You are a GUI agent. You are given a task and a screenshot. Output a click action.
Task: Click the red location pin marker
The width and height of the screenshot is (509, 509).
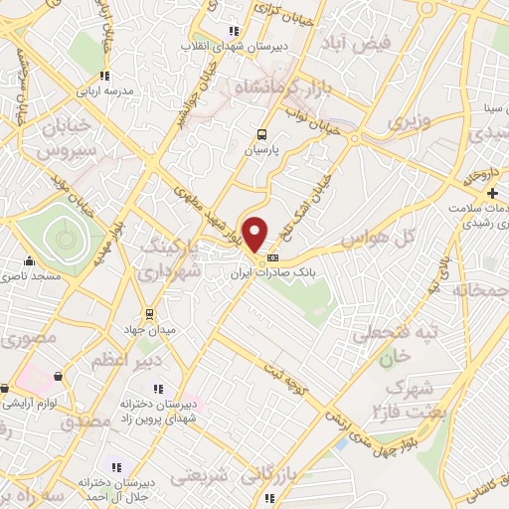point(256,235)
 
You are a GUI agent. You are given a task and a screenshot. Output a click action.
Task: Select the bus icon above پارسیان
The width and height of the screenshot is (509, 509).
point(261,134)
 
